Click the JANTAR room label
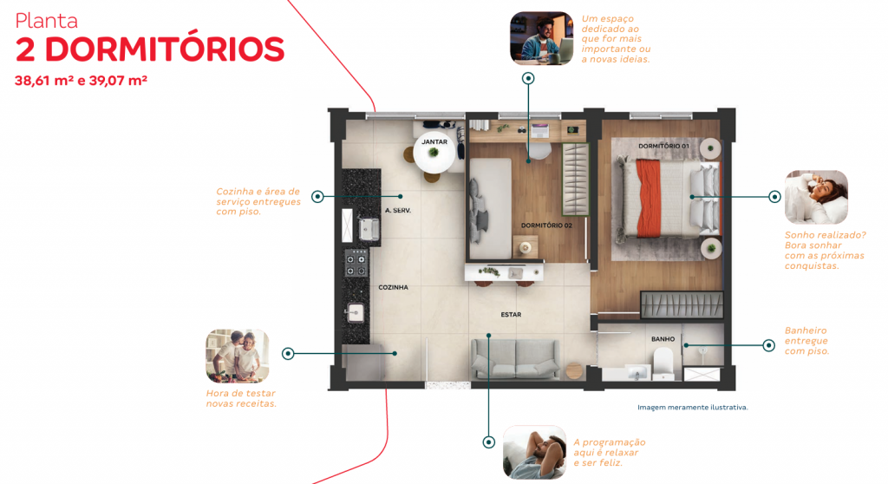coord(434,141)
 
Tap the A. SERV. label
coord(397,211)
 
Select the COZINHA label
coord(393,287)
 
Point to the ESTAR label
coord(511,315)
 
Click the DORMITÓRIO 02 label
coord(546,226)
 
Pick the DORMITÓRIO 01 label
coord(663,146)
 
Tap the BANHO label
coord(663,339)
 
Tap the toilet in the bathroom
coord(663,363)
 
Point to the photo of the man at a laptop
coord(542,38)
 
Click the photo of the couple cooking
coord(237,356)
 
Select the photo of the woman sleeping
coord(816,197)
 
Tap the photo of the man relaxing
coord(534,452)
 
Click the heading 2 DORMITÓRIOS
coord(150,50)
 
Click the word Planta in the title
coord(47,21)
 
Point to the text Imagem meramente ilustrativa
coord(692,407)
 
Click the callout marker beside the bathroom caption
coord(768,345)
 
